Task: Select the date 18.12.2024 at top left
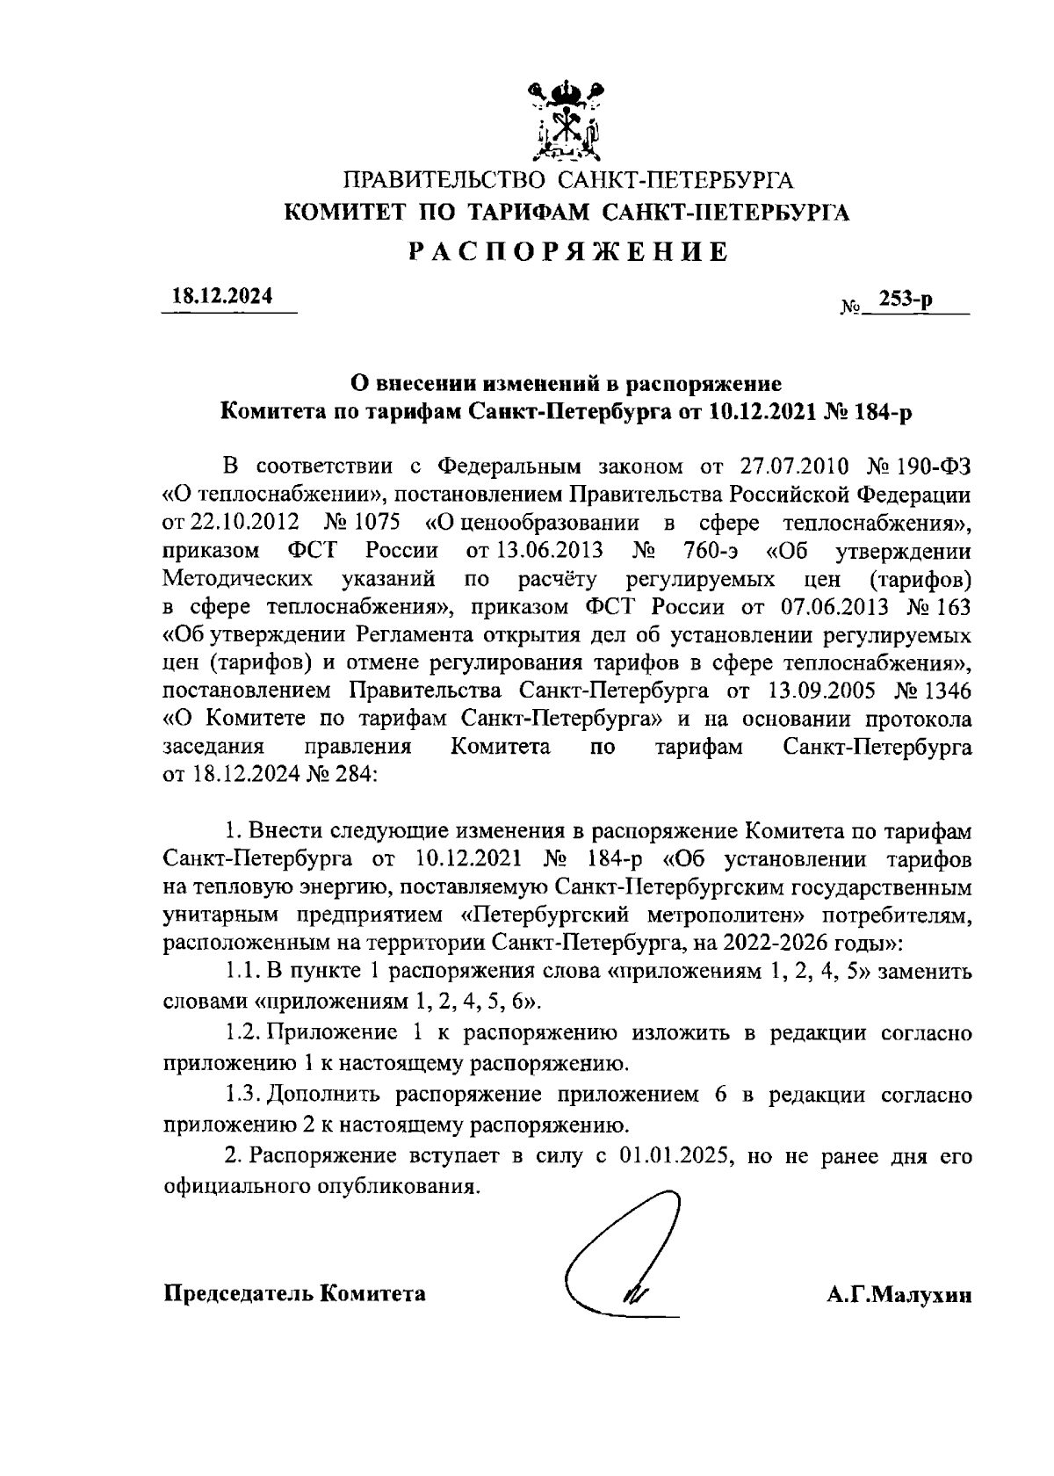[222, 297]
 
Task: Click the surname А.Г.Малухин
[899, 1295]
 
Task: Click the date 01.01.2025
[675, 1156]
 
